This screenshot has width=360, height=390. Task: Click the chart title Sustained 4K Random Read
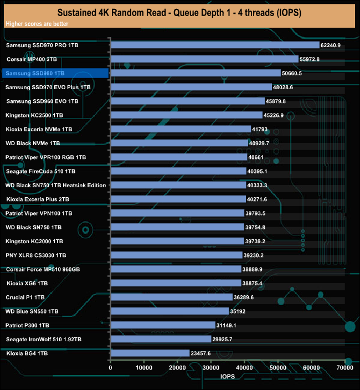pyautogui.click(x=179, y=12)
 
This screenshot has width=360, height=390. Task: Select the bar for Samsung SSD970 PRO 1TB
pyautogui.click(x=215, y=45)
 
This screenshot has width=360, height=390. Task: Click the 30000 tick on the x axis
pyautogui.click(x=211, y=368)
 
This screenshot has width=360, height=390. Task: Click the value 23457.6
pyautogui.click(x=204, y=353)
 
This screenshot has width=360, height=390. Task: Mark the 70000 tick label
pyautogui.click(x=345, y=368)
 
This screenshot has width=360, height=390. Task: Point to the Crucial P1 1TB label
pyautogui.click(x=26, y=297)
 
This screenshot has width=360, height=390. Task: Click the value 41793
pyautogui.click(x=264, y=129)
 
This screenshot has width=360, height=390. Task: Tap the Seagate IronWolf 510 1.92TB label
pyautogui.click(x=44, y=339)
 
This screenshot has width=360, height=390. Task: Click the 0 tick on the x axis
pyautogui.click(x=111, y=368)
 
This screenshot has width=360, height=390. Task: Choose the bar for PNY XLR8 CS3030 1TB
pyautogui.click(x=176, y=255)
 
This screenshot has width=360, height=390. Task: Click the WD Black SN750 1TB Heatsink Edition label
pyautogui.click(x=56, y=185)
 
